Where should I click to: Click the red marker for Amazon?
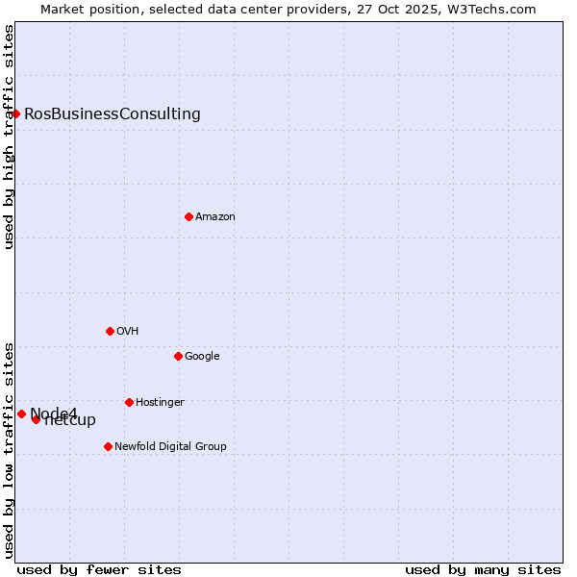coord(188,216)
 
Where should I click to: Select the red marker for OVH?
coord(110,331)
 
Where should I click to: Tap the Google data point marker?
coord(178,356)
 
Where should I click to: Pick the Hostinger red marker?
coord(129,402)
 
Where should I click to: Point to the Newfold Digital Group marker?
coord(108,446)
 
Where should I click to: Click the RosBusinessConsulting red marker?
coord(15,113)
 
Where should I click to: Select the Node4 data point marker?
coord(21,414)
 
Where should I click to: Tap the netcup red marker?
coord(36,419)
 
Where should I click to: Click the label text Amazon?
coord(215,217)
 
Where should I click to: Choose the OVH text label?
coord(128,332)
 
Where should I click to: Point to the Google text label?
coord(202,357)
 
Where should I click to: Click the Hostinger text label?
coord(160,403)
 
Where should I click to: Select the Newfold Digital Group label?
coord(170,447)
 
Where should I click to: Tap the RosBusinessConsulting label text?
coord(113,114)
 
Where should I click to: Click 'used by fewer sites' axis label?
coord(99,569)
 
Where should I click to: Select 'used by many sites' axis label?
coord(483,569)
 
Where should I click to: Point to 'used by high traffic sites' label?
coord(9,137)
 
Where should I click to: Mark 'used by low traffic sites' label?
coord(9,450)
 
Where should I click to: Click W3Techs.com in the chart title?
coord(494,10)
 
